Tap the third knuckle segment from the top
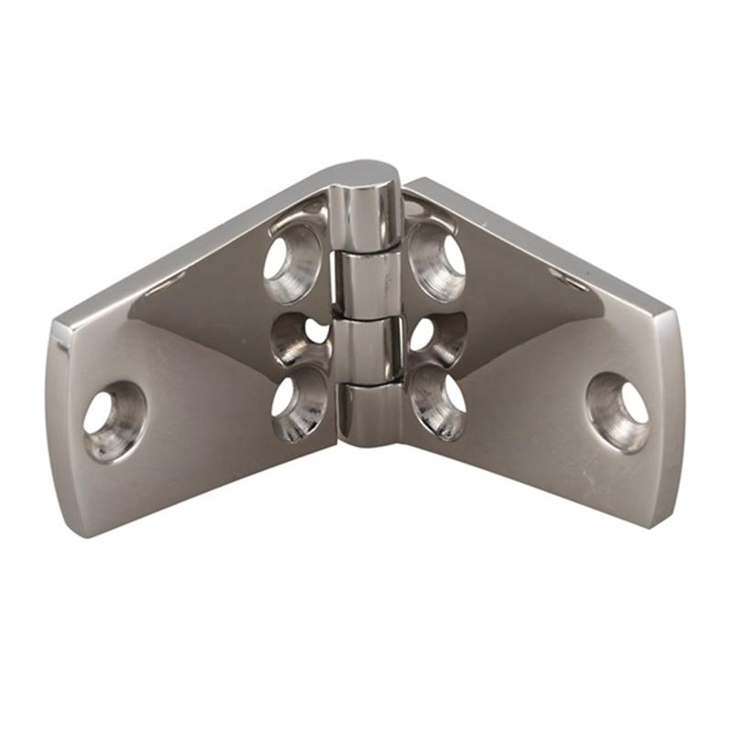(x=366, y=347)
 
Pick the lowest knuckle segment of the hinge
(x=369, y=412)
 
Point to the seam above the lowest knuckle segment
(x=368, y=382)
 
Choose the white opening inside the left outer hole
(x=98, y=414)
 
